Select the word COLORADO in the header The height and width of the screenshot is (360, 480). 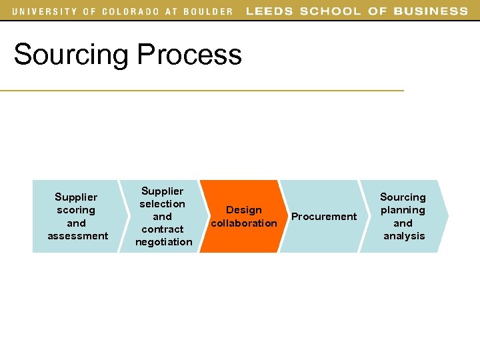point(131,11)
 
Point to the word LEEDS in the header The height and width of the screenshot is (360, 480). point(269,11)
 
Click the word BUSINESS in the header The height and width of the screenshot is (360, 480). point(431,11)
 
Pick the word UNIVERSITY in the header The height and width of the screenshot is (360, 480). point(44,11)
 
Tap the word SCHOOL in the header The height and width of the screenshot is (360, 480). point(329,11)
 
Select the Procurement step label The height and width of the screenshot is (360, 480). point(324,217)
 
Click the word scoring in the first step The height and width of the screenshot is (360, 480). point(76,210)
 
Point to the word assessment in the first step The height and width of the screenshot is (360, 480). point(77,235)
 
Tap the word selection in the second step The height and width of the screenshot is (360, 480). point(162,204)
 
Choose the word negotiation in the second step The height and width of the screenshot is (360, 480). point(163,242)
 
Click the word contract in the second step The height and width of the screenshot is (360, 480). point(163,229)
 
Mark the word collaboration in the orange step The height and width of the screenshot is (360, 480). point(244,223)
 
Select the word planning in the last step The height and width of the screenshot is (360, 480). point(403,210)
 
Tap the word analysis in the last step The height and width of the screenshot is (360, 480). point(404,236)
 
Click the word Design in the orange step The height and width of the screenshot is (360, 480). point(244,210)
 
